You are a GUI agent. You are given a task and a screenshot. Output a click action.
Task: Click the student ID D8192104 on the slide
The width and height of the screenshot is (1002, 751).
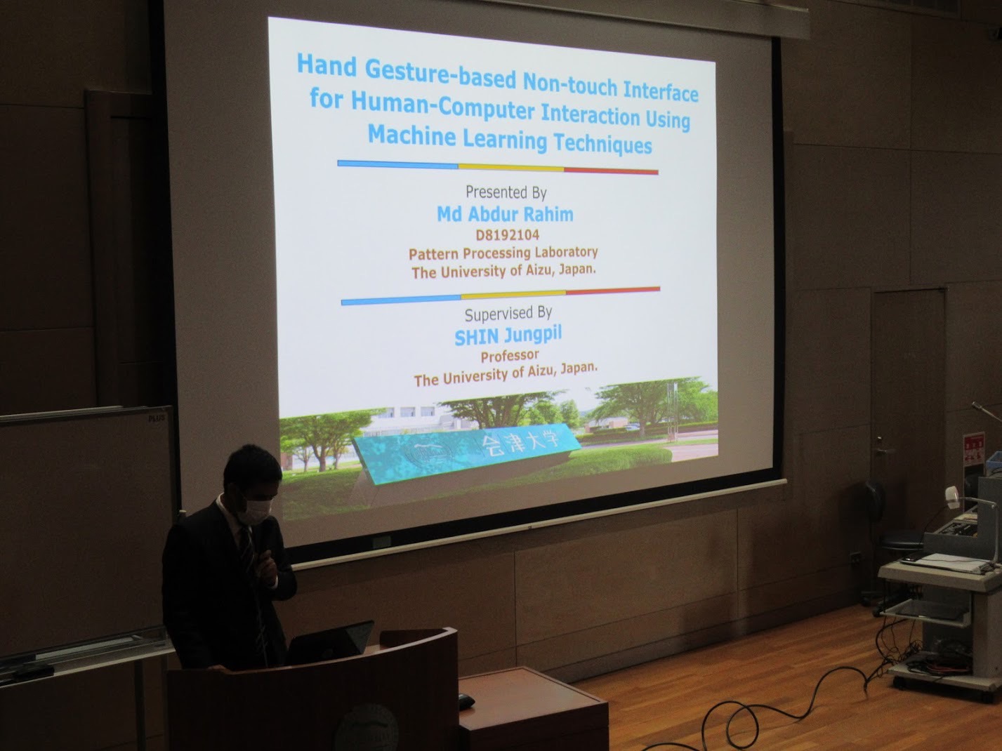pos(508,235)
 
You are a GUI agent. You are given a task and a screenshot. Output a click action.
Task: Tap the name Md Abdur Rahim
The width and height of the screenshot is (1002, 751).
pos(505,214)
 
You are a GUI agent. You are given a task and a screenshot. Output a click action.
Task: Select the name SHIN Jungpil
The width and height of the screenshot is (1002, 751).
pos(508,335)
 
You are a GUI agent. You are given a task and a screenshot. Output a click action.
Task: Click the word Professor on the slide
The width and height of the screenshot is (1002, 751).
pos(510,356)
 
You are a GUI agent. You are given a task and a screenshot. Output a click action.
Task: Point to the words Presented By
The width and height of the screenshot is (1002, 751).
pos(506,192)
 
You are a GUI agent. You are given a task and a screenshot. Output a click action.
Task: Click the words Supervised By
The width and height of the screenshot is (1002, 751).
pos(508,314)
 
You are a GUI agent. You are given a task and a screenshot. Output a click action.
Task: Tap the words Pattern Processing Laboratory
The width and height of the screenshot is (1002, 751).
pos(503,253)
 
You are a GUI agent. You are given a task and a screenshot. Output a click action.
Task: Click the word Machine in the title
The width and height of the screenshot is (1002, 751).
pos(411,135)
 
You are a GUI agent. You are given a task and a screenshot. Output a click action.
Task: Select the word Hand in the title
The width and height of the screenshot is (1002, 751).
pos(327,65)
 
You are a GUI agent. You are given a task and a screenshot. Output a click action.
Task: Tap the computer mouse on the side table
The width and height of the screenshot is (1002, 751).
pos(466,701)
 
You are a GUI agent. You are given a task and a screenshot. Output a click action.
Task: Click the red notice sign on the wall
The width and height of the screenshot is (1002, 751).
pos(973,449)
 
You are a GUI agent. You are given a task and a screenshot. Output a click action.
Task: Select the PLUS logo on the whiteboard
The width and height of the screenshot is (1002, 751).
pos(156,418)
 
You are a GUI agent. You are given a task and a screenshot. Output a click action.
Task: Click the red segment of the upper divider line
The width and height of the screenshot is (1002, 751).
pos(611,171)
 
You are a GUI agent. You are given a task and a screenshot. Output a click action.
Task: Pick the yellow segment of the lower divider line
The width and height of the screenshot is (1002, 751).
pos(513,294)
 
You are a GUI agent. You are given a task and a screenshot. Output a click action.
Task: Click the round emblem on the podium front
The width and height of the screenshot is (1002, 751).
pos(366,728)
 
